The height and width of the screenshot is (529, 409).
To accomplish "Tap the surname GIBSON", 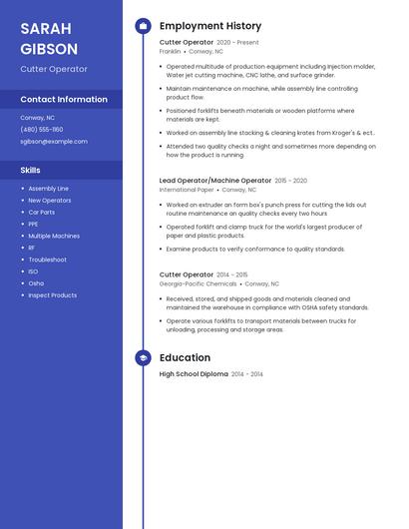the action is pos(49,48).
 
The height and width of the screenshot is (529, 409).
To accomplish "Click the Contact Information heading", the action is pos(64,99).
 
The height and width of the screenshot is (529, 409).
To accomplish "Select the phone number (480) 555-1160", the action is pos(42,129).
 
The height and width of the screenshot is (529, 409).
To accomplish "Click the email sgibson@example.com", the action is pos(54,141).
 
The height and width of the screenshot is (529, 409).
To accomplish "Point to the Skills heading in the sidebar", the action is pos(30,170).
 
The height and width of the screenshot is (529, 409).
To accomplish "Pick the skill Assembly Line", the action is pos(49,188).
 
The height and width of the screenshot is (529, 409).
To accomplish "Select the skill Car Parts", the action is pos(42,212).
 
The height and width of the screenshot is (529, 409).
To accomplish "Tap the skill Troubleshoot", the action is pos(48,260).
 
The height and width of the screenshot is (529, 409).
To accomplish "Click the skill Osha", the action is pos(36,283).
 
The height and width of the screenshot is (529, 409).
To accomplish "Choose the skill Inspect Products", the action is pos(53,295).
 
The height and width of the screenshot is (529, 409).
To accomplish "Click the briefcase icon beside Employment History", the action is pos(143,25).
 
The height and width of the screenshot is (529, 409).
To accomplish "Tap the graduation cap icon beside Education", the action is pos(143,357).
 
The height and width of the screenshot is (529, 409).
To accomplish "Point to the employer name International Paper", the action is pos(187,189).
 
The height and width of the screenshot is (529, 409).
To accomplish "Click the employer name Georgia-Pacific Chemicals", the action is pos(198,282).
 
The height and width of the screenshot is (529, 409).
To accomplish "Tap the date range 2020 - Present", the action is pos(237,43).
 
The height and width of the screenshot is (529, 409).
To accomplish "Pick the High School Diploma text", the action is pos(194,374).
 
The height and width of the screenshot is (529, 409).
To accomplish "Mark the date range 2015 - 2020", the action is pos(290,181).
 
